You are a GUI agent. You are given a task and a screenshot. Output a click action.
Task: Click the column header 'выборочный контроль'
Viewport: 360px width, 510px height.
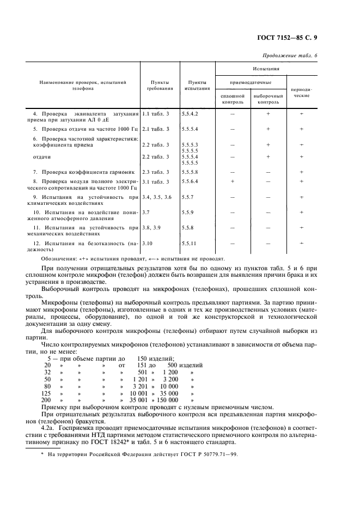pyautogui.click(x=268, y=99)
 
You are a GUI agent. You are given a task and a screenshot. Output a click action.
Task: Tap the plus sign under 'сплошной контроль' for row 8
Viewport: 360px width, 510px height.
pyautogui.click(x=233, y=181)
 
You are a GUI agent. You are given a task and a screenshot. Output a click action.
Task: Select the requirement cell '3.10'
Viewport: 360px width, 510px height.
pyautogui.click(x=148, y=244)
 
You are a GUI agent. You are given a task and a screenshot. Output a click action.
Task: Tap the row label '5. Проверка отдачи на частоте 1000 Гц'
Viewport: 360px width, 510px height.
pyautogui.click(x=83, y=129)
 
